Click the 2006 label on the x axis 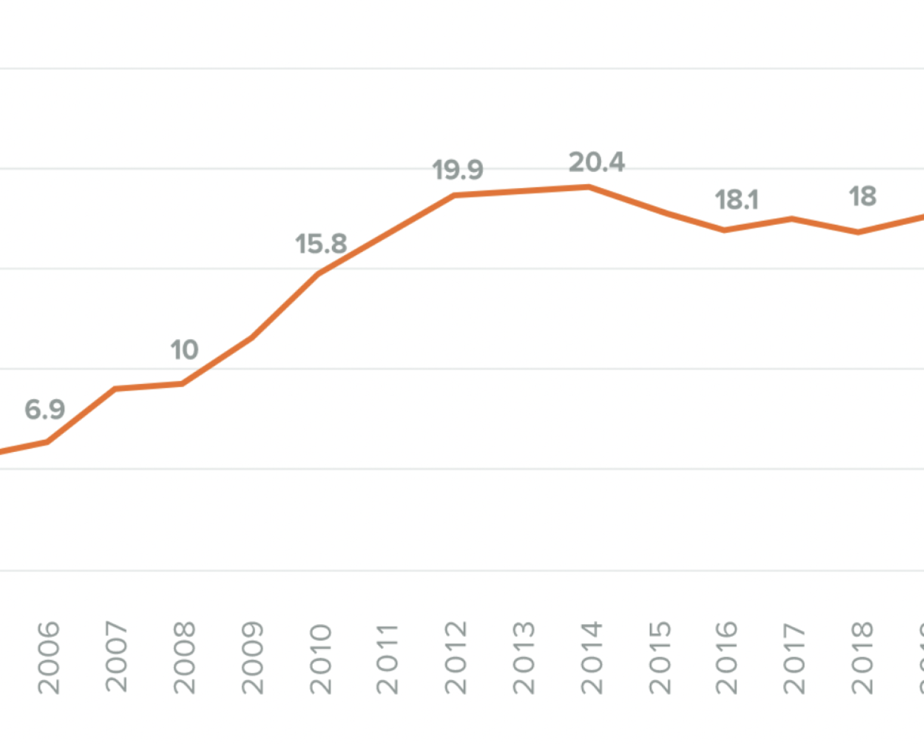tap(49, 658)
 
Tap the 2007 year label tap(117, 658)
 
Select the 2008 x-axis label tap(185, 658)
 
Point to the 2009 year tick tap(253, 658)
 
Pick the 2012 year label tap(456, 658)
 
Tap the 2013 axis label tap(524, 658)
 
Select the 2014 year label tap(591, 658)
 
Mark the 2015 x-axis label tap(660, 658)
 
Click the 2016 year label tap(727, 658)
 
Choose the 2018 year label tap(862, 658)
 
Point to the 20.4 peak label tap(597, 163)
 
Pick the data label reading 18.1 tap(737, 200)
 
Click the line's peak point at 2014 tap(590, 187)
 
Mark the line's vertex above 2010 tap(319, 274)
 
